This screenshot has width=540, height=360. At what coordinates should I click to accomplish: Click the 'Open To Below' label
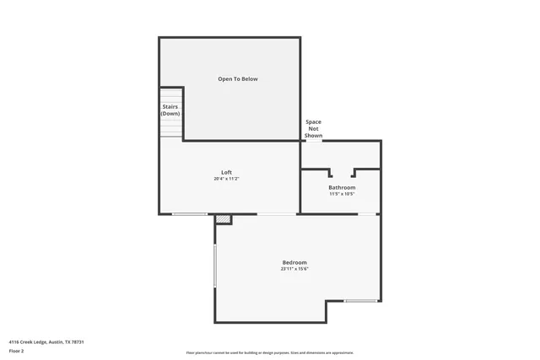click(238, 79)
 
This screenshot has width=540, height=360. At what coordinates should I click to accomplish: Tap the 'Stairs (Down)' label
click(171, 110)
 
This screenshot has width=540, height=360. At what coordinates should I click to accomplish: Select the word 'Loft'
click(226, 172)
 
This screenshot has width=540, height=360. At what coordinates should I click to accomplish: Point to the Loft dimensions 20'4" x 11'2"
click(226, 179)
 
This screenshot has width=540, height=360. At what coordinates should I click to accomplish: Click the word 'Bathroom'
click(342, 187)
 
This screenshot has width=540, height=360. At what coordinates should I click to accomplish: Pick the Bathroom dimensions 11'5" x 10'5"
click(342, 194)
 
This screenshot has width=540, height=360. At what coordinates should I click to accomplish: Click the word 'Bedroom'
click(294, 262)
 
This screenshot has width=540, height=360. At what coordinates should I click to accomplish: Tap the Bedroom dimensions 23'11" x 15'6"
click(294, 269)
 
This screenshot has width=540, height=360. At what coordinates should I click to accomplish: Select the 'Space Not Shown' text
click(313, 128)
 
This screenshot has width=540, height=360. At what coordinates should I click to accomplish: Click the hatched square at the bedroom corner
click(223, 219)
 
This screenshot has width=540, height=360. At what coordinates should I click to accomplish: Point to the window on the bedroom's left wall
click(215, 269)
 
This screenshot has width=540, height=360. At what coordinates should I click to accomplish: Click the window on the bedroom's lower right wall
click(360, 301)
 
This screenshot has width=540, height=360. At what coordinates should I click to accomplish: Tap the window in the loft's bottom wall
click(190, 214)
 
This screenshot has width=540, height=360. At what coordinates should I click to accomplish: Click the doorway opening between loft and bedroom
click(277, 214)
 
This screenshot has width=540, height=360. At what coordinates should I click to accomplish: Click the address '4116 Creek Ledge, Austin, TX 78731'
click(46, 341)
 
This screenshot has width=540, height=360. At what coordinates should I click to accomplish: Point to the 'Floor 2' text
click(16, 351)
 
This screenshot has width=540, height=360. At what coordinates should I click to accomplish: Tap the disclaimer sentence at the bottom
click(270, 352)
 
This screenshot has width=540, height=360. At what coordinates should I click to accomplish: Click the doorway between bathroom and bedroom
click(368, 214)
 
